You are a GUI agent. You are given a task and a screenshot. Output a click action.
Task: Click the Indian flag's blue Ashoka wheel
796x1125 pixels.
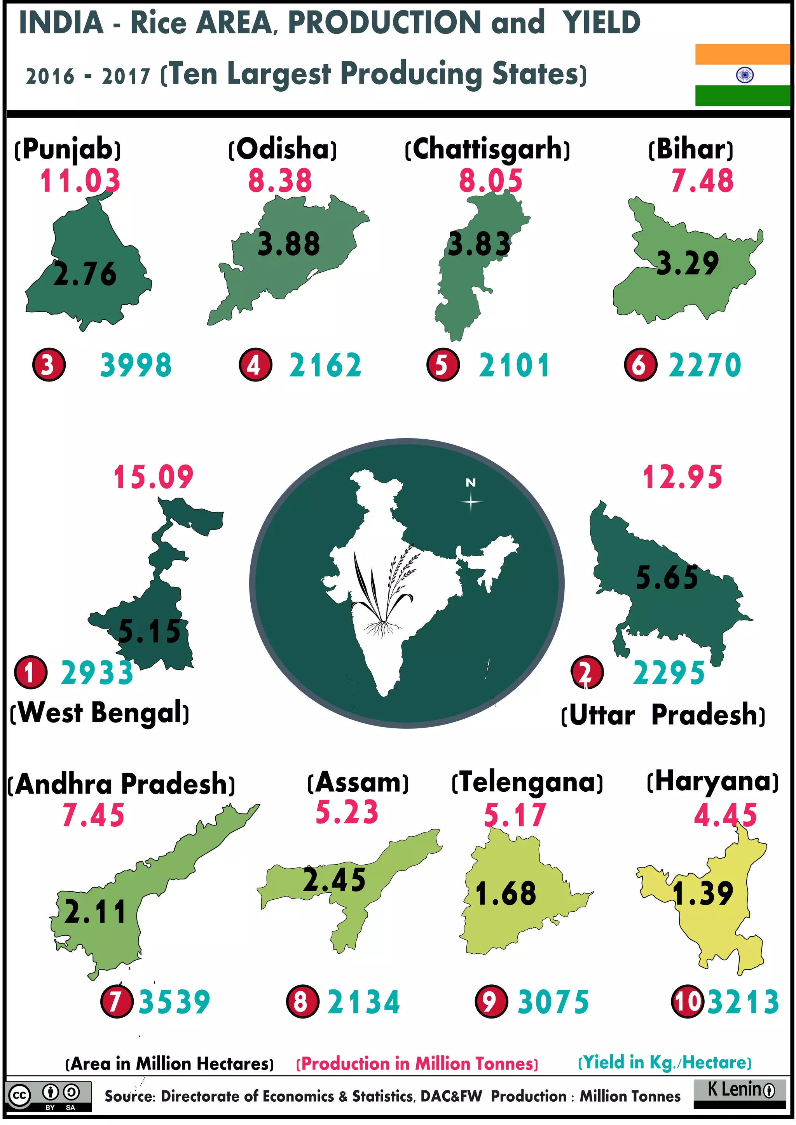(745, 75)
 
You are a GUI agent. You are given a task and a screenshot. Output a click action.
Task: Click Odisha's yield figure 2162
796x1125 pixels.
(325, 366)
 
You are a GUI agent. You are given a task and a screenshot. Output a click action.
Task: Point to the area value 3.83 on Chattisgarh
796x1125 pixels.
(479, 244)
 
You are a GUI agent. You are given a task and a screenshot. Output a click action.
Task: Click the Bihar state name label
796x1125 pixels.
(691, 150)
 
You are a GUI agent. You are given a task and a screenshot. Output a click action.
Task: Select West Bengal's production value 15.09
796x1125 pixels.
(154, 477)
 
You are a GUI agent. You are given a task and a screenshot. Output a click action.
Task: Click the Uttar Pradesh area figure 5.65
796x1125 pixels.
(667, 577)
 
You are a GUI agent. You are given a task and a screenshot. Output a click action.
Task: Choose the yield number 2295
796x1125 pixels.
(669, 673)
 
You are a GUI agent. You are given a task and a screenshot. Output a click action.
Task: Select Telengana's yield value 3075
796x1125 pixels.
(553, 1002)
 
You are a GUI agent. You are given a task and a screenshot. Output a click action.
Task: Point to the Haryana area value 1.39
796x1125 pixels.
(702, 893)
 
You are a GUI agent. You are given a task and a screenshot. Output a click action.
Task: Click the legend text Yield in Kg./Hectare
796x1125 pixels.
(665, 1062)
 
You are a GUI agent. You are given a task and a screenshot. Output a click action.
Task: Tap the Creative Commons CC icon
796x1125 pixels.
(19, 1095)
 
